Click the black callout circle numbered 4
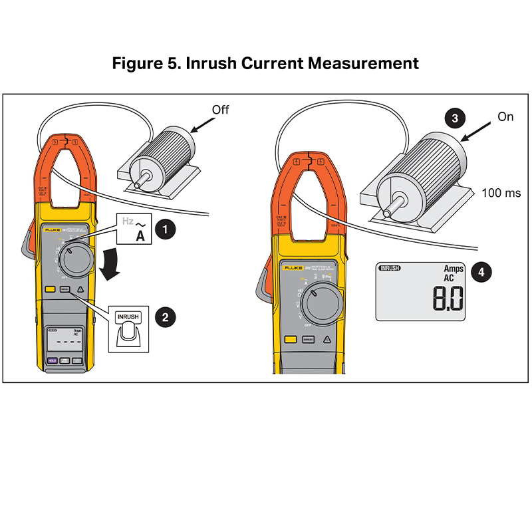click(482, 273)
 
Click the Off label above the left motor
click(219, 109)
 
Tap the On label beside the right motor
click(506, 116)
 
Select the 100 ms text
click(500, 193)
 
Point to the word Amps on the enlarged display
click(454, 269)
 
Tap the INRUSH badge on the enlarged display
click(389, 268)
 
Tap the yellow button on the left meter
click(51, 290)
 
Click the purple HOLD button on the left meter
click(51, 361)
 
